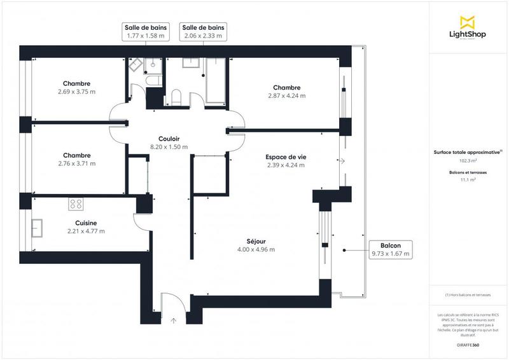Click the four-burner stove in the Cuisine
pyautogui.click(x=76, y=204)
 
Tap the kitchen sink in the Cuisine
pyautogui.click(x=36, y=228)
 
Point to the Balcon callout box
pyautogui.click(x=391, y=249)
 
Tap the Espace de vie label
pyautogui.click(x=286, y=156)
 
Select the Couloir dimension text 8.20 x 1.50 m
pyautogui.click(x=169, y=147)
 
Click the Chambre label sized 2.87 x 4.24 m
pyautogui.click(x=286, y=88)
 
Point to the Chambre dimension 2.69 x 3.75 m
pyautogui.click(x=76, y=92)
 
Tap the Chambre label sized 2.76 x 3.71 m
pyautogui.click(x=76, y=155)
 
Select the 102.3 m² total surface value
pyautogui.click(x=468, y=161)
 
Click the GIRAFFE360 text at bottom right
pyautogui.click(x=468, y=344)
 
